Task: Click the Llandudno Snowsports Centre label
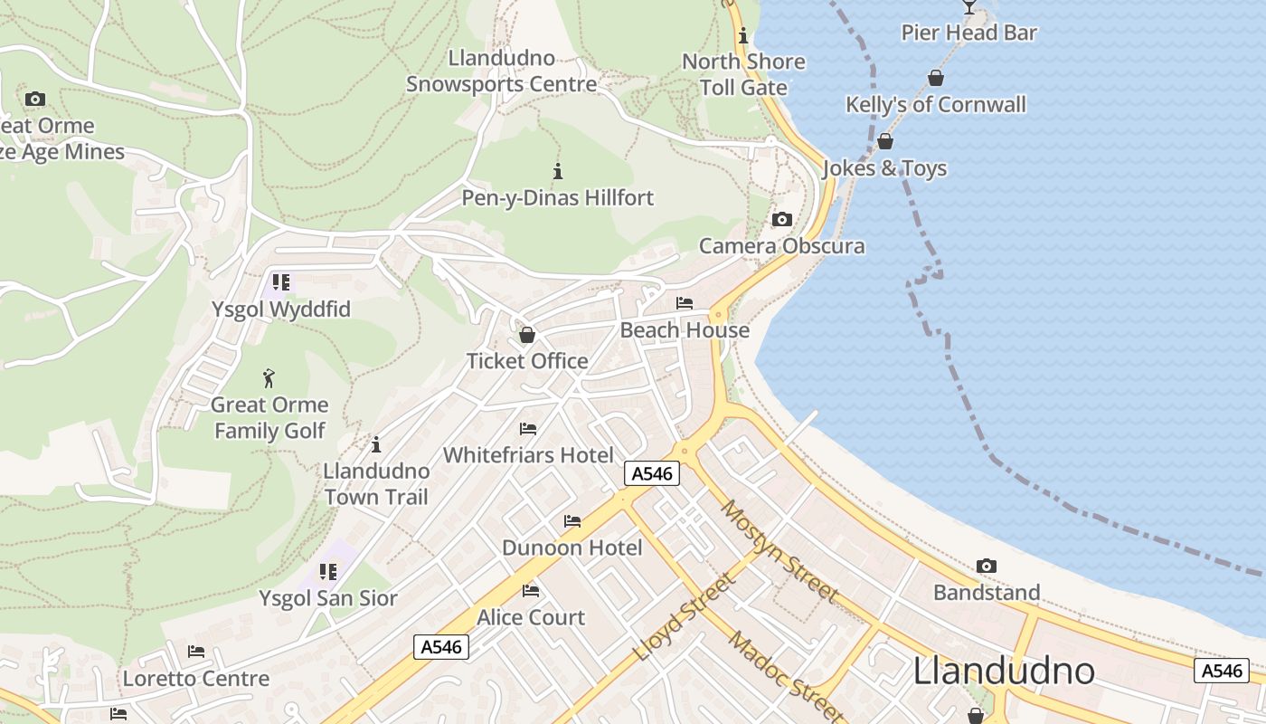[501, 71]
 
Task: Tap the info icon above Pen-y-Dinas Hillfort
[558, 170]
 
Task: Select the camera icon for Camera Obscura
[782, 219]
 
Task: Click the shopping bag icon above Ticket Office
[527, 335]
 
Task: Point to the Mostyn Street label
[779, 550]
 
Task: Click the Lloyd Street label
[684, 617]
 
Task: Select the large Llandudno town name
[1004, 671]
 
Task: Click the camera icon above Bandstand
[987, 566]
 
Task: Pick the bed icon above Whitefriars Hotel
[528, 428]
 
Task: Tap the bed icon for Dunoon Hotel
[572, 520]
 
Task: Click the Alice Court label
[531, 617]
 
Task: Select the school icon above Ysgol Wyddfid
[281, 282]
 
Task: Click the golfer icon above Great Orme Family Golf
[269, 377]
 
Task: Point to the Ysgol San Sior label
[328, 598]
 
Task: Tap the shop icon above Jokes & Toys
[885, 141]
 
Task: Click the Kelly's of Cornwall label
[936, 104]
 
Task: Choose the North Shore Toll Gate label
[743, 74]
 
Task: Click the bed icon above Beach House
[685, 303]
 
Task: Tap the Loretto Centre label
[196, 678]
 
